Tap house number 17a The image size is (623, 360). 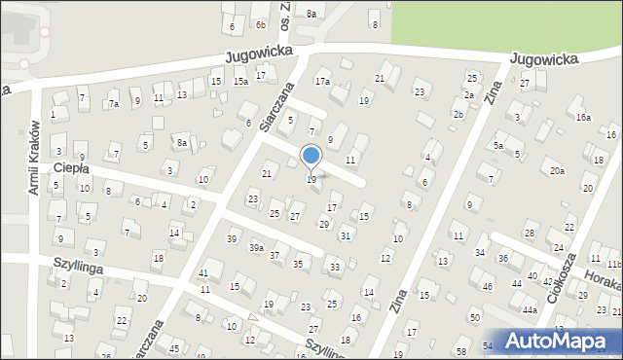pyautogui.click(x=322, y=82)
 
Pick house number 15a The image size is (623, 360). pyautogui.click(x=240, y=82)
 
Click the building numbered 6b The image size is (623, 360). pyautogui.click(x=261, y=24)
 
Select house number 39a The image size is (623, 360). pyautogui.click(x=256, y=248)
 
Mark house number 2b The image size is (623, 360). pyautogui.click(x=458, y=115)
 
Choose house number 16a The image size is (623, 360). pyautogui.click(x=582, y=117)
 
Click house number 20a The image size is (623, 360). pyautogui.click(x=556, y=171)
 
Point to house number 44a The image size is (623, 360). pyautogui.click(x=530, y=309)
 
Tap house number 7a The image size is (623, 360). pyautogui.click(x=114, y=104)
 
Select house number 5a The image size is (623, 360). pyautogui.click(x=497, y=145)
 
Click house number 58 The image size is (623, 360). pyautogui.click(x=461, y=350)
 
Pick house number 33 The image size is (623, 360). pyautogui.click(x=335, y=267)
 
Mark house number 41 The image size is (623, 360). pyautogui.click(x=203, y=273)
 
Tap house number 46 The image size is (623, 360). pyautogui.click(x=487, y=287)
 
